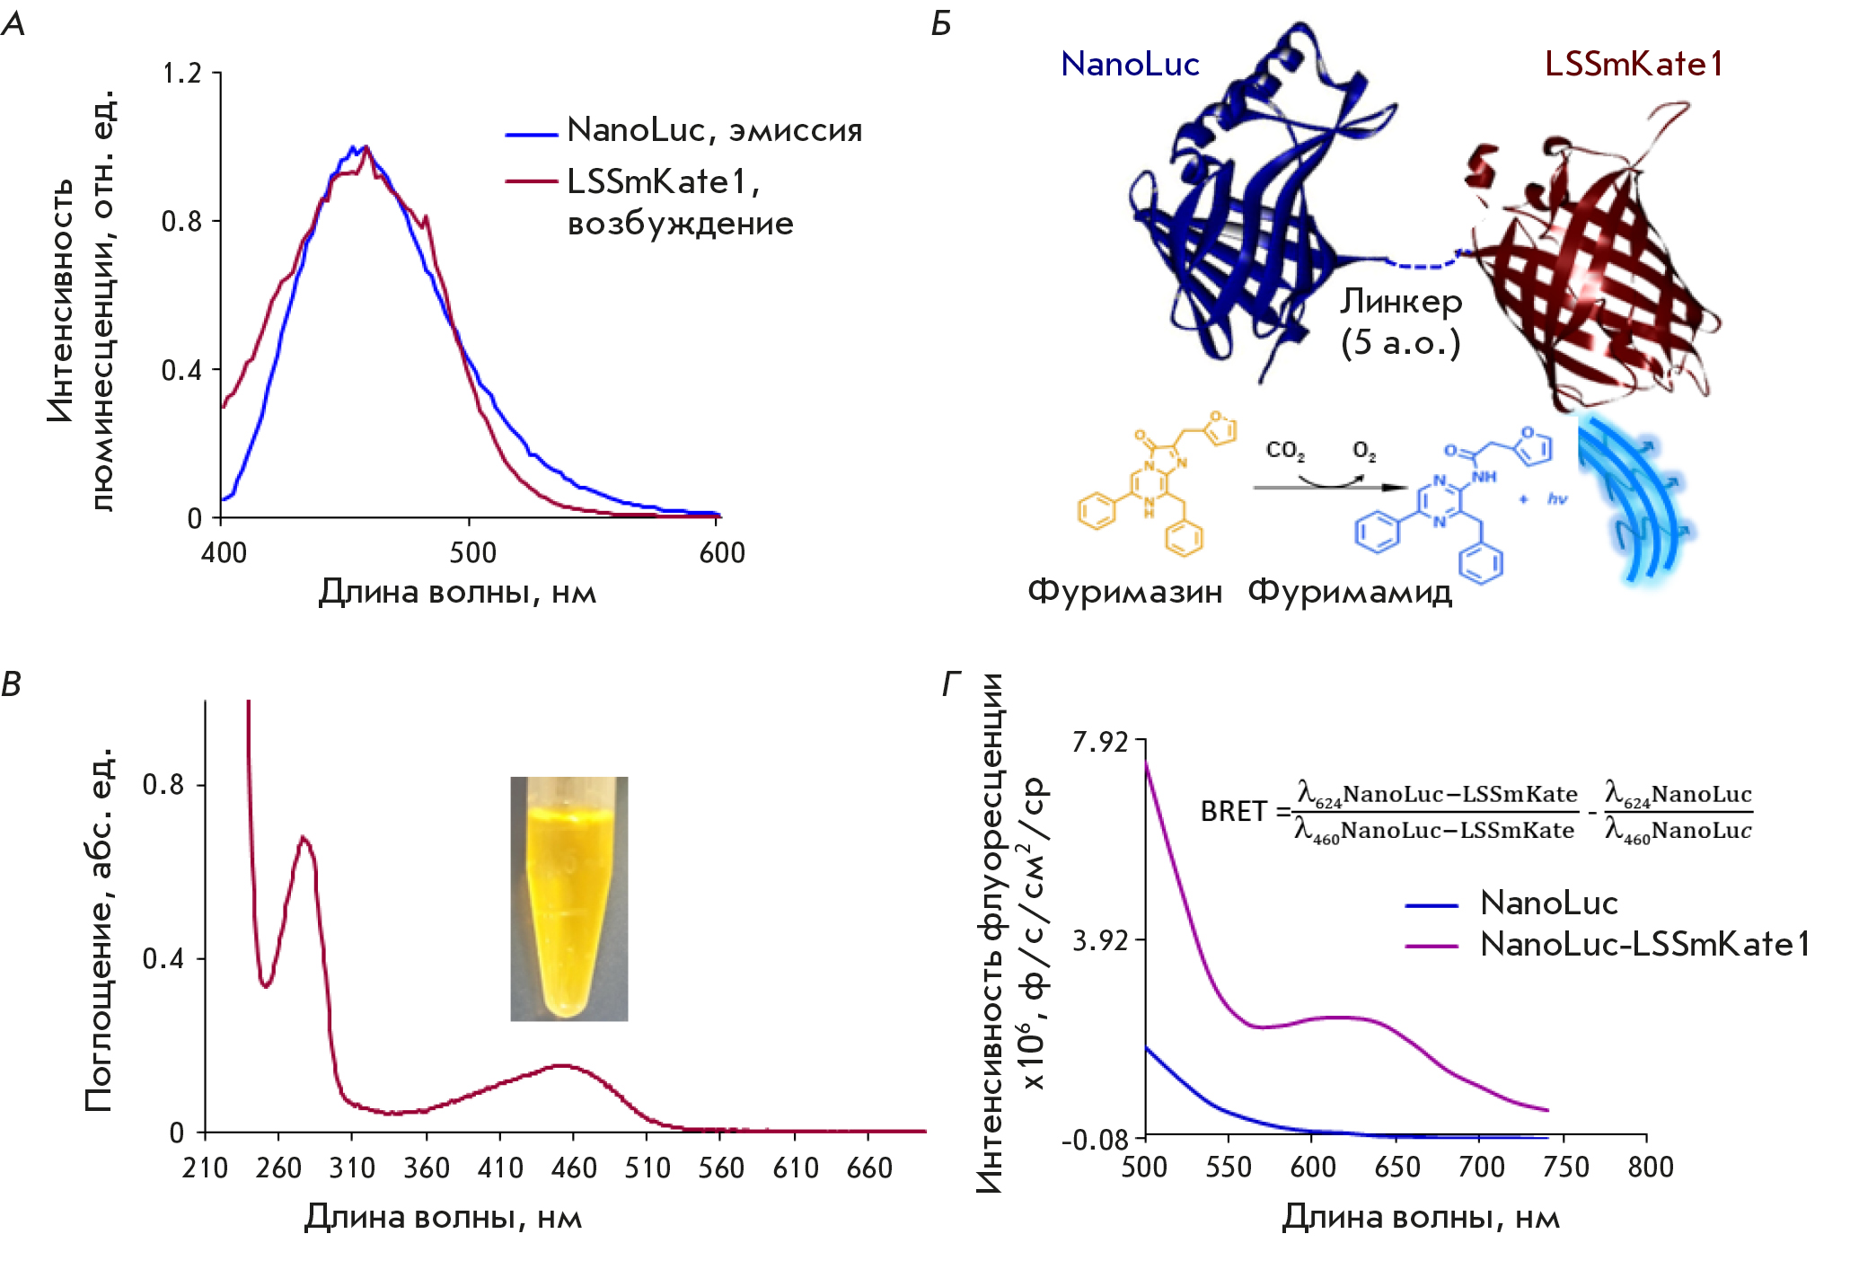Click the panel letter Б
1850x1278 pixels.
pyautogui.click(x=941, y=23)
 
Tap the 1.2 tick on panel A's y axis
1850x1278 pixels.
pyautogui.click(x=181, y=73)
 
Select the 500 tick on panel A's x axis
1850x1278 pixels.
pyautogui.click(x=472, y=552)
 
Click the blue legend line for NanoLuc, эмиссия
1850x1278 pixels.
pyautogui.click(x=532, y=135)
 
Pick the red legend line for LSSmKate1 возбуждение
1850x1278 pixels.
pyautogui.click(x=532, y=181)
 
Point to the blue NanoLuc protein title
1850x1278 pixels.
pyautogui.click(x=1130, y=64)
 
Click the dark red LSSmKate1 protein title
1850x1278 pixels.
pyautogui.click(x=1634, y=64)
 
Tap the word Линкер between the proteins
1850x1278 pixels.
pyautogui.click(x=1401, y=302)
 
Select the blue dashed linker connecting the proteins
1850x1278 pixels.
pyautogui.click(x=1423, y=264)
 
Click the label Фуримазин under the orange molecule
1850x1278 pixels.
pyautogui.click(x=1125, y=592)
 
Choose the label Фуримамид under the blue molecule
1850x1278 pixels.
pyautogui.click(x=1350, y=592)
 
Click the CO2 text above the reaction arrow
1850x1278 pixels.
pyautogui.click(x=1285, y=450)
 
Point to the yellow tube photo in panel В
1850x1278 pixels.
pyautogui.click(x=568, y=898)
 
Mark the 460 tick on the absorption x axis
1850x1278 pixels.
pyautogui.click(x=574, y=1168)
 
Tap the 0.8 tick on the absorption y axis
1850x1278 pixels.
pyautogui.click(x=163, y=785)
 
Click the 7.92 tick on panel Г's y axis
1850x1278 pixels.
pyautogui.click(x=1100, y=742)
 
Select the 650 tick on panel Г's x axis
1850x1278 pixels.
pyautogui.click(x=1397, y=1167)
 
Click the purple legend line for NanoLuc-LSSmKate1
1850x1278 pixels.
pyautogui.click(x=1431, y=945)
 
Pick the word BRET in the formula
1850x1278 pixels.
pyautogui.click(x=1232, y=812)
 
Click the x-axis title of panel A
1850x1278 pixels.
pyautogui.click(x=457, y=592)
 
